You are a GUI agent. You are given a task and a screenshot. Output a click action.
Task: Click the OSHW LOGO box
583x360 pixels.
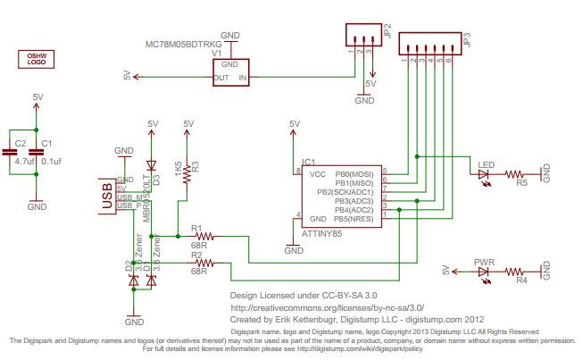coord(37,60)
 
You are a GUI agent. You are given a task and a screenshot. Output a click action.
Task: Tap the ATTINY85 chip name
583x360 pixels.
coord(324,231)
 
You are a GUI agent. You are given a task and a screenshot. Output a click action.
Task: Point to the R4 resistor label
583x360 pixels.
coord(522,280)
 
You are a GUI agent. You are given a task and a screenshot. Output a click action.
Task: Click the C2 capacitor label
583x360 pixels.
coord(20,143)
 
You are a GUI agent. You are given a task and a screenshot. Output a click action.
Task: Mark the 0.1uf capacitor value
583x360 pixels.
coord(51,161)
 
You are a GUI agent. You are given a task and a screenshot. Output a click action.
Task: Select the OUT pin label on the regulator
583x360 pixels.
coord(221,78)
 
